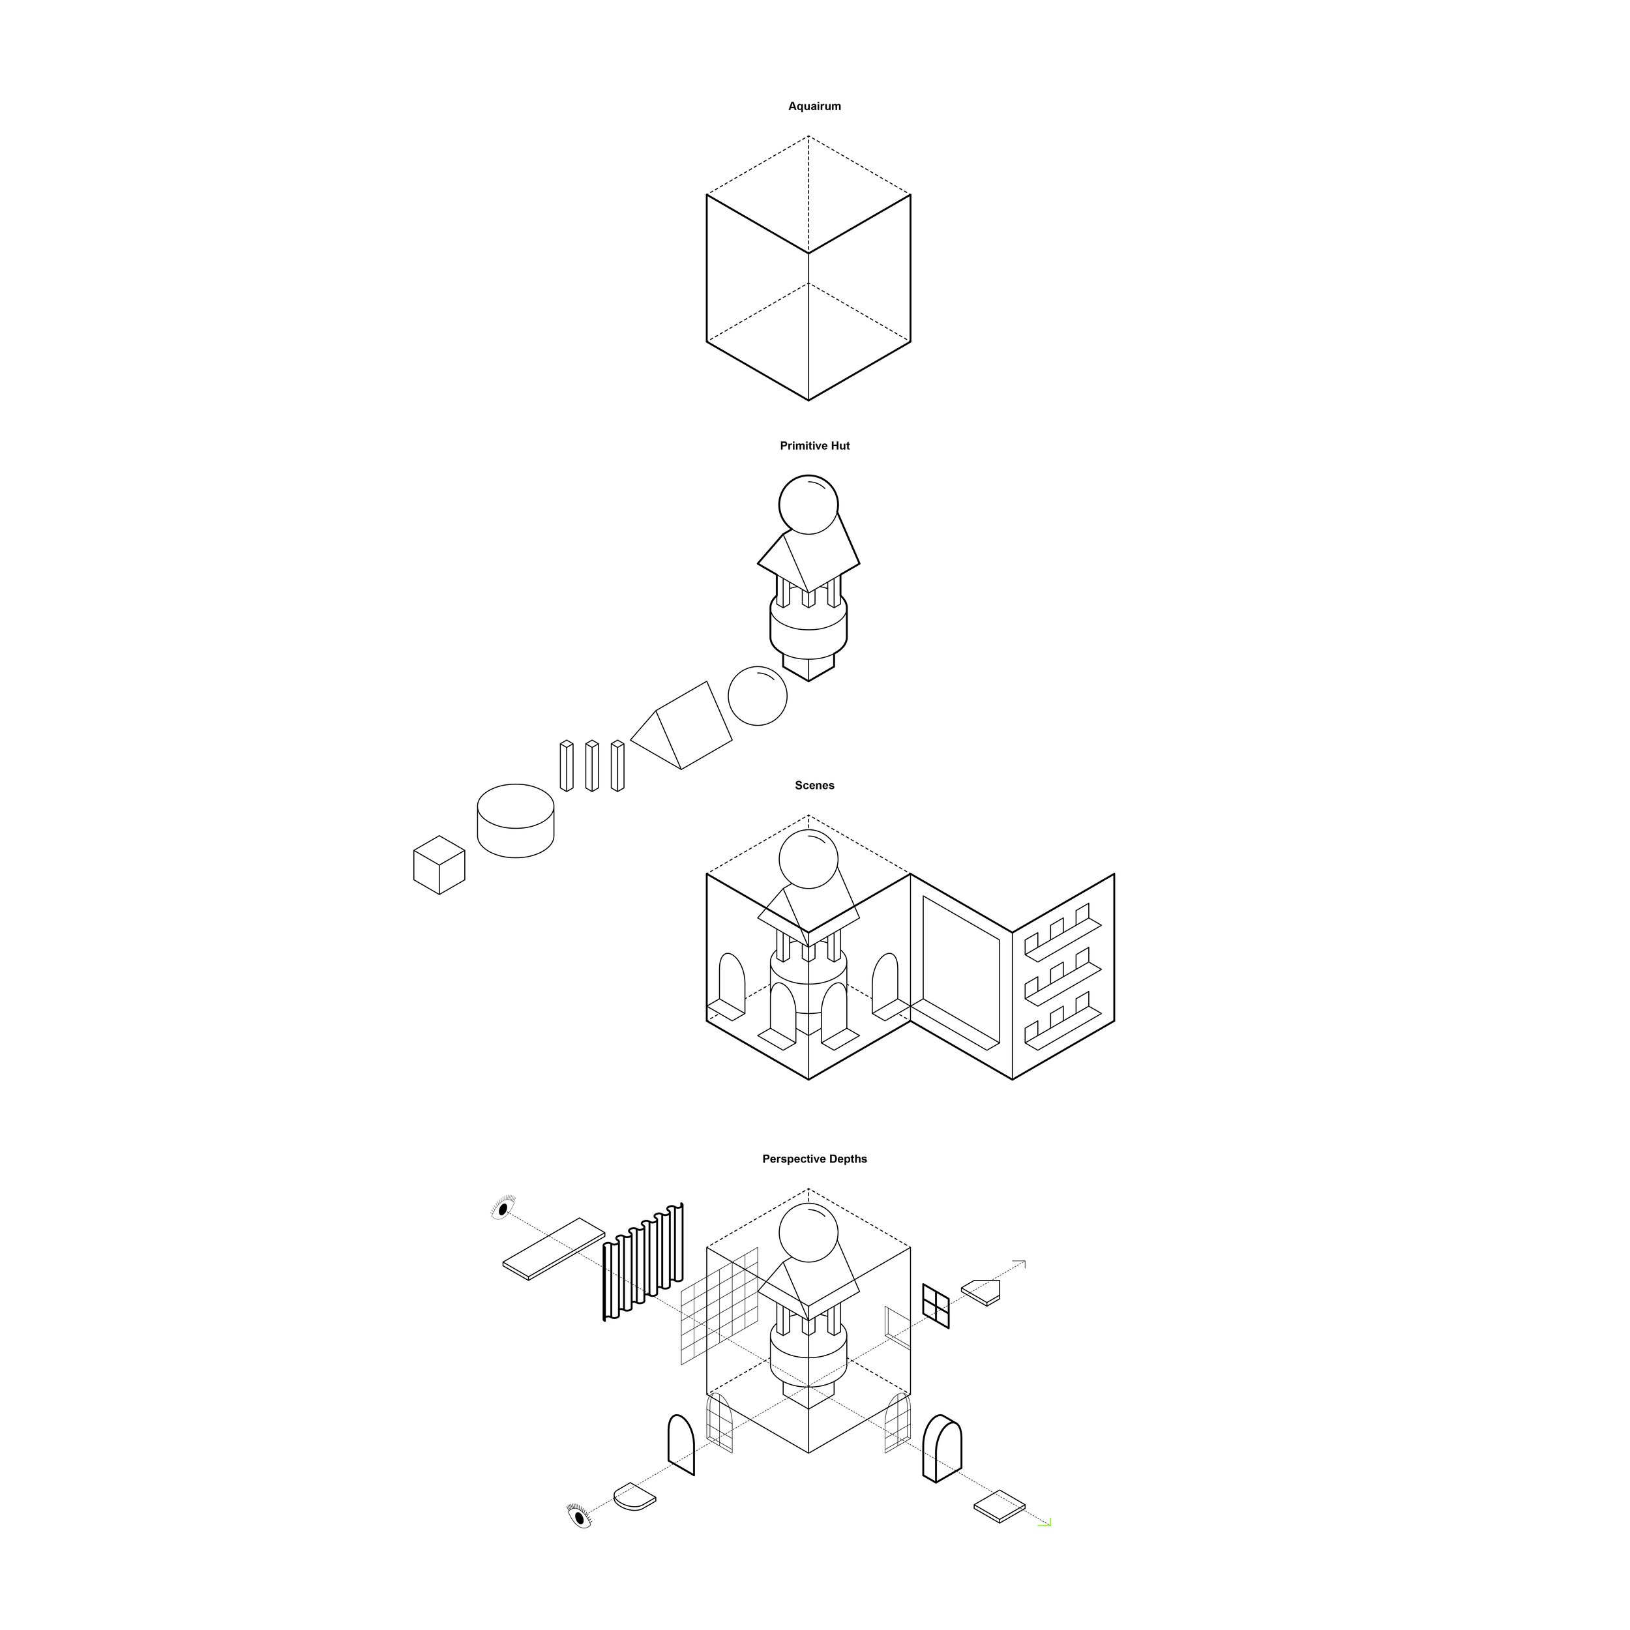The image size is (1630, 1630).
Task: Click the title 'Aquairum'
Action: (814, 106)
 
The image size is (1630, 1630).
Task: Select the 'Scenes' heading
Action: (814, 786)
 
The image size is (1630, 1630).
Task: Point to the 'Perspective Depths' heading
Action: (814, 1159)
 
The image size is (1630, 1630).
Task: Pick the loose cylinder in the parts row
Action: (516, 821)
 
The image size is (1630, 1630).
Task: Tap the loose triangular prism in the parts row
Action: (681, 726)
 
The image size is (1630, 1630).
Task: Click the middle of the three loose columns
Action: (591, 766)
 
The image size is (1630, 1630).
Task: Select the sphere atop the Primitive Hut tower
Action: (808, 505)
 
